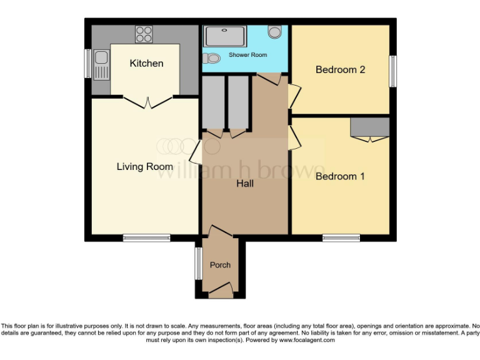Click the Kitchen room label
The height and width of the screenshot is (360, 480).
(146, 63)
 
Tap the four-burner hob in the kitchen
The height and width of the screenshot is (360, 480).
(144, 33)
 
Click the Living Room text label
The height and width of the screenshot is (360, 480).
(144, 166)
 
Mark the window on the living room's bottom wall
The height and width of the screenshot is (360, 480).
(146, 237)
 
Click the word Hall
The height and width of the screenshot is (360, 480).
(244, 184)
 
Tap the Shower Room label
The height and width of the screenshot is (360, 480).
(247, 55)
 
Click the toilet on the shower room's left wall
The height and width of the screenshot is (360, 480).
(211, 58)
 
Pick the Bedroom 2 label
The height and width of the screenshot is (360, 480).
(340, 69)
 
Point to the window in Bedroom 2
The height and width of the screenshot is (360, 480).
(393, 71)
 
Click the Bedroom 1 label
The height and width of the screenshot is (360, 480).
(340, 176)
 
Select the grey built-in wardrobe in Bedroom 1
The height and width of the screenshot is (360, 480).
(369, 126)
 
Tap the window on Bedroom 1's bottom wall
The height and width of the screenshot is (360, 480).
(341, 237)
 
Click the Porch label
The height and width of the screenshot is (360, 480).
(220, 265)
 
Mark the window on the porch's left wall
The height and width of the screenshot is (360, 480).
(197, 263)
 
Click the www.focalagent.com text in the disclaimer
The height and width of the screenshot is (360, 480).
(307, 341)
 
